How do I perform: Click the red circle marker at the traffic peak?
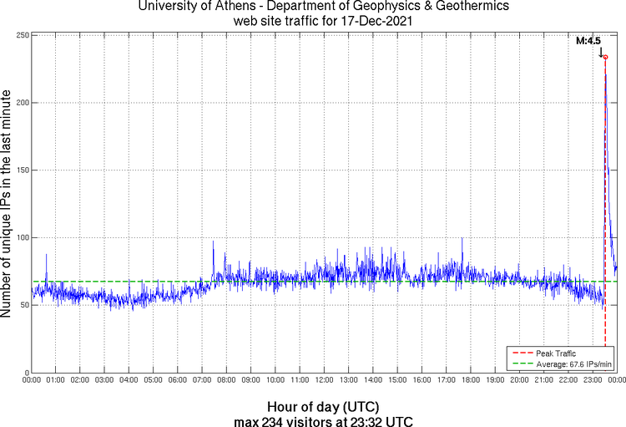pyautogui.click(x=604, y=57)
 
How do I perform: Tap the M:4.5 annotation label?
pyautogui.click(x=589, y=40)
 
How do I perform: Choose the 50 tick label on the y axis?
pyautogui.click(x=24, y=306)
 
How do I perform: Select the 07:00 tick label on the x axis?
pyautogui.click(x=203, y=380)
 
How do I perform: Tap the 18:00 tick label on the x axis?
pyautogui.click(x=471, y=380)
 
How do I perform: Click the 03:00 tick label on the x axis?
pyautogui.click(x=105, y=380)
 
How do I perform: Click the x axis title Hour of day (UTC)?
pyautogui.click(x=325, y=407)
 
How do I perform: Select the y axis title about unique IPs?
pyautogui.click(x=8, y=204)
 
